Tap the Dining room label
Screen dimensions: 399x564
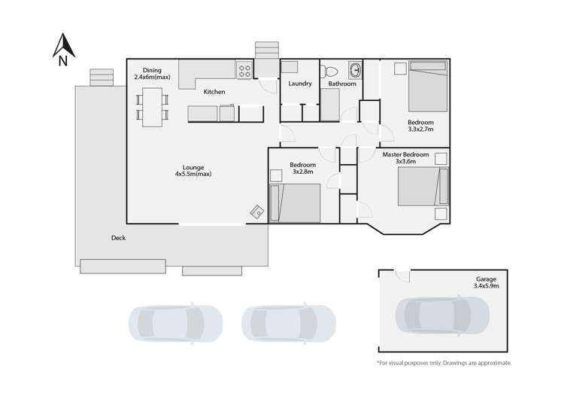pos(152,74)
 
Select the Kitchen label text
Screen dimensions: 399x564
pos(214,92)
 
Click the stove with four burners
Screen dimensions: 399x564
pos(244,71)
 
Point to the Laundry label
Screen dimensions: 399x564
pos(300,84)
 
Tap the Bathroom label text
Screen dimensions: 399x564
pos(342,84)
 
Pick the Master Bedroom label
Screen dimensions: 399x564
pos(405,155)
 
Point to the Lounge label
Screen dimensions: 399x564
pos(193,170)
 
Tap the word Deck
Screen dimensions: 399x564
pos(118,238)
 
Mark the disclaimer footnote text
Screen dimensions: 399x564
pos(444,363)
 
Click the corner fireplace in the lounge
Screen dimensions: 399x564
pos(257,212)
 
